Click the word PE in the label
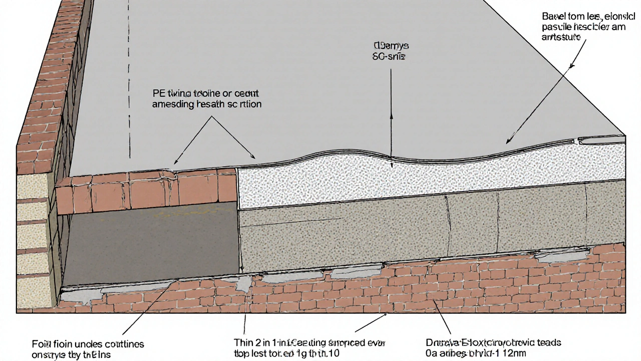pos(158,93)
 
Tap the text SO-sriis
pos(389,57)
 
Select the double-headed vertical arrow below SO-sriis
pos(391,115)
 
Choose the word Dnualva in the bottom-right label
pos(439,343)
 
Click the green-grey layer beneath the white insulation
pos(426,226)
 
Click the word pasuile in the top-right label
pos(560,27)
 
